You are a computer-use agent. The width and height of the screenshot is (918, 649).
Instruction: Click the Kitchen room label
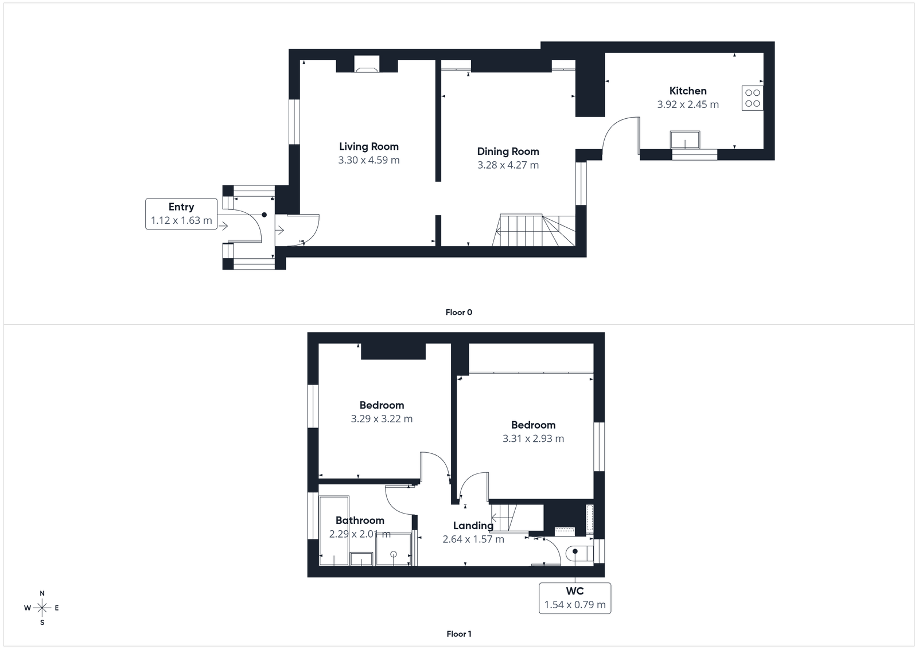[x=687, y=91]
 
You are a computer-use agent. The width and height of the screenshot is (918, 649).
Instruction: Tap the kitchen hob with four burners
[x=752, y=98]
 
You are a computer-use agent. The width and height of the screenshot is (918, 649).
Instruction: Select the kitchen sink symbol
[x=684, y=139]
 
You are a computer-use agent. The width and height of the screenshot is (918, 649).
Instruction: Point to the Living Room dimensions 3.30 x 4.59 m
[x=368, y=160]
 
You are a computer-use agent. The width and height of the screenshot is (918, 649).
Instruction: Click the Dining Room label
[x=508, y=151]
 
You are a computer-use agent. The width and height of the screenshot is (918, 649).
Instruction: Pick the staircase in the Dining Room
[x=534, y=230]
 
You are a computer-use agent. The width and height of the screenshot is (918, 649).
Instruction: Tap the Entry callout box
[x=181, y=213]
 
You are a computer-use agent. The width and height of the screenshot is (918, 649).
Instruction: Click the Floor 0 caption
[x=458, y=312]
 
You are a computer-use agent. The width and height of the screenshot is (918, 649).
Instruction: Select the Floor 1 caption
[x=458, y=634]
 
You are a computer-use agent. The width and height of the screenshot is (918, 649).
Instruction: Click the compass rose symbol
[x=42, y=608]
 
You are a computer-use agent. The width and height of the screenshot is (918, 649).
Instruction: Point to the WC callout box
[x=574, y=598]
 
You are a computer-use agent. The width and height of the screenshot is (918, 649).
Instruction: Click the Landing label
[x=473, y=525]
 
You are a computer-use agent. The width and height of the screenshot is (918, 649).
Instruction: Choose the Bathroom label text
[x=360, y=520]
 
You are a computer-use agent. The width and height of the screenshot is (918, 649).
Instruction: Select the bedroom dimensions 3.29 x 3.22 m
[x=382, y=419]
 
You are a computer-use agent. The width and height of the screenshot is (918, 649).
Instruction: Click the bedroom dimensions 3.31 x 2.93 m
[x=533, y=438]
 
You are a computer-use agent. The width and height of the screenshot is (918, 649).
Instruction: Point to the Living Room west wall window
[x=294, y=122]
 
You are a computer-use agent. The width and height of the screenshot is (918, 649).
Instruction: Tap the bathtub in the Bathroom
[x=334, y=531]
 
